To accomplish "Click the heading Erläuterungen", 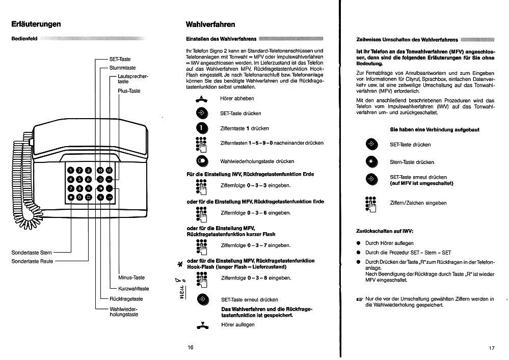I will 36,24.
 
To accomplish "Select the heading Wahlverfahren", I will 210,24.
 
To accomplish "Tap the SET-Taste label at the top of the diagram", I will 120,59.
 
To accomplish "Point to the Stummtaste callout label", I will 122,68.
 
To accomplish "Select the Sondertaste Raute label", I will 32,261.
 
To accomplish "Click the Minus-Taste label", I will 131,278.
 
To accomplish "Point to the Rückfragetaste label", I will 126,299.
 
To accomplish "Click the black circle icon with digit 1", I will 202,128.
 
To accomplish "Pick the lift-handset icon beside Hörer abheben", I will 202,99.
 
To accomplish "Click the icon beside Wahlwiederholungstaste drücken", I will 202,161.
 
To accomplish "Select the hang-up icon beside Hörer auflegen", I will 202,324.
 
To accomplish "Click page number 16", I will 191,347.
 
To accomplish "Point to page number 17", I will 491,348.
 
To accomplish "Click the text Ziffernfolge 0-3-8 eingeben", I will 256,278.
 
